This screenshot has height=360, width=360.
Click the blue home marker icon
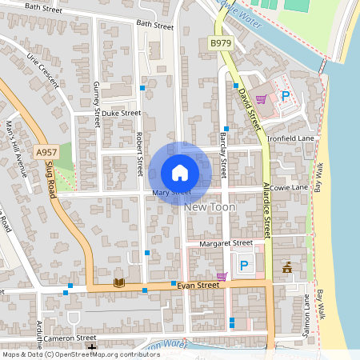[x=180, y=173]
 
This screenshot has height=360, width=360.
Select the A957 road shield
[x=46, y=151]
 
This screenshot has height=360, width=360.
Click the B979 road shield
[x=220, y=42]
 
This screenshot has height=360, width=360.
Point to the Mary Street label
[x=171, y=193]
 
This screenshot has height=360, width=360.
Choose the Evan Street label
[x=198, y=284]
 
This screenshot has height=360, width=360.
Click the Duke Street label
[x=121, y=114]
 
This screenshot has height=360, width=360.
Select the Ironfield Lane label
[x=291, y=138]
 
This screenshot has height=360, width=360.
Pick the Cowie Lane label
[x=289, y=187]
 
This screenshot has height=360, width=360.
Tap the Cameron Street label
[x=70, y=338]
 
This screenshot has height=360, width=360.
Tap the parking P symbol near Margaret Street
[x=244, y=265]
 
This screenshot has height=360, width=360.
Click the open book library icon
[x=119, y=282]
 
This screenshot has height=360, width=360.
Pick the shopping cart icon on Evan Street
[x=222, y=276]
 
